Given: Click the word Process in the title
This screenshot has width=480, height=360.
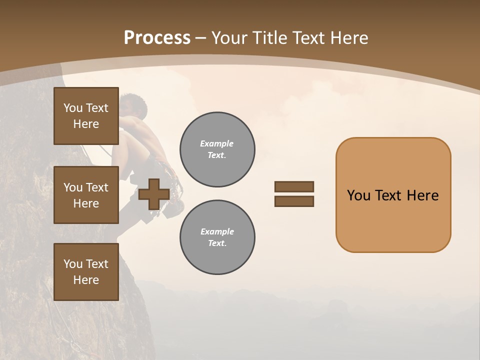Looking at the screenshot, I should (157, 38).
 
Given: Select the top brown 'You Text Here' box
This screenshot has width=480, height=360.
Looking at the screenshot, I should (86, 116).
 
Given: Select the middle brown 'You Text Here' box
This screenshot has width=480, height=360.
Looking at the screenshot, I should (86, 195).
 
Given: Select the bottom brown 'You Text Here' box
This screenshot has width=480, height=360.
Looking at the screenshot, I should (86, 272).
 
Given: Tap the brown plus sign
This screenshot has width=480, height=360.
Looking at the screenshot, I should (153, 194).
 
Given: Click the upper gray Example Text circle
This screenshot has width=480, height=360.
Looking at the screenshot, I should (217, 149).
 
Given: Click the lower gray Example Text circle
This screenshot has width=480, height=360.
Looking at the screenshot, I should (217, 237).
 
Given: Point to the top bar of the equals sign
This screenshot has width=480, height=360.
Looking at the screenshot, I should (294, 187).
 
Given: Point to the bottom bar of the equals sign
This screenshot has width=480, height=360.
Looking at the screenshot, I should (294, 201).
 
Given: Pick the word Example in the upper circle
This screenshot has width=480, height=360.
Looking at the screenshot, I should (217, 143).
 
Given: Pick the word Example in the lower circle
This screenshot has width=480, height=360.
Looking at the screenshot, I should (217, 231).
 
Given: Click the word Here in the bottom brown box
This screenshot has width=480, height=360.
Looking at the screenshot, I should (86, 280).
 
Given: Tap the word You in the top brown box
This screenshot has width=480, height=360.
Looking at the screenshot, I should (72, 108).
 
